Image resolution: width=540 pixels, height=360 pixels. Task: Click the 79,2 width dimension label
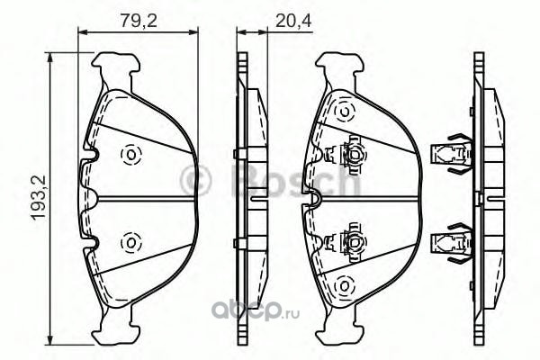(139, 22)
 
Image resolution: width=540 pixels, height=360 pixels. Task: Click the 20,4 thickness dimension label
(293, 22)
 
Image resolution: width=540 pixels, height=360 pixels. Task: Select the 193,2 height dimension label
(40, 198)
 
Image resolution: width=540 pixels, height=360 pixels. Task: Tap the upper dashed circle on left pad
(131, 154)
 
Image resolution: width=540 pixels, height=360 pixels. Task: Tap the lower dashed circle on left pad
(131, 242)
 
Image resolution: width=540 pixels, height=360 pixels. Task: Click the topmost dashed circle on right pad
(344, 112)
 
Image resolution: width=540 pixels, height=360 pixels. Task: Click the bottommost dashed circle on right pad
(344, 285)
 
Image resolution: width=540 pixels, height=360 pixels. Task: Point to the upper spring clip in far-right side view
(452, 154)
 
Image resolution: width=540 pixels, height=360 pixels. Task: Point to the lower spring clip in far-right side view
(452, 242)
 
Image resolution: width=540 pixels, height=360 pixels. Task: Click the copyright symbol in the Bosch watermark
(196, 179)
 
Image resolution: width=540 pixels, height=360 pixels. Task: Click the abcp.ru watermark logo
(256, 312)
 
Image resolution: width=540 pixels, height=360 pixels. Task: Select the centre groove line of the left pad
(147, 198)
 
